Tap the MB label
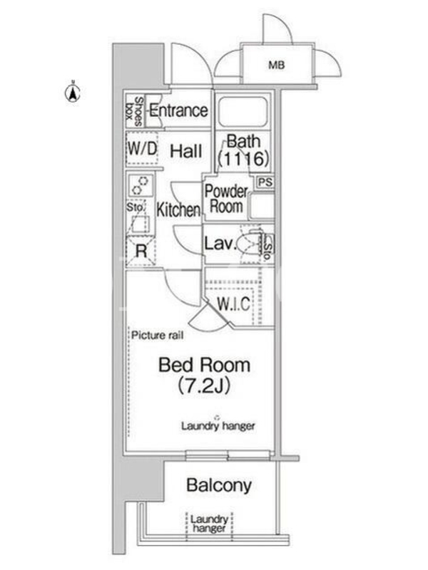coord(277,65)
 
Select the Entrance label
coord(178,110)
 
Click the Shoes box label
coord(134,111)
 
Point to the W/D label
coord(142,148)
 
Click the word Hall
coord(186,151)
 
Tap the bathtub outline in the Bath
coord(243,112)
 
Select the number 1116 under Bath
coord(243,158)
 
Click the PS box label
coord(265,182)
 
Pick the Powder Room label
coord(226,199)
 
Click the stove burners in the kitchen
coord(140,185)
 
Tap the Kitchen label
coord(178,209)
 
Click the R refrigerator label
coord(141,251)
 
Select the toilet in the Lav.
coord(250,244)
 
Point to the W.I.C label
coord(234,304)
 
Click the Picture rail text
coord(157,335)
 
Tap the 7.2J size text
coord(204,385)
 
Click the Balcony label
coord(219,485)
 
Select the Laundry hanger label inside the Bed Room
coord(218,425)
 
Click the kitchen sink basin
coord(140,223)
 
